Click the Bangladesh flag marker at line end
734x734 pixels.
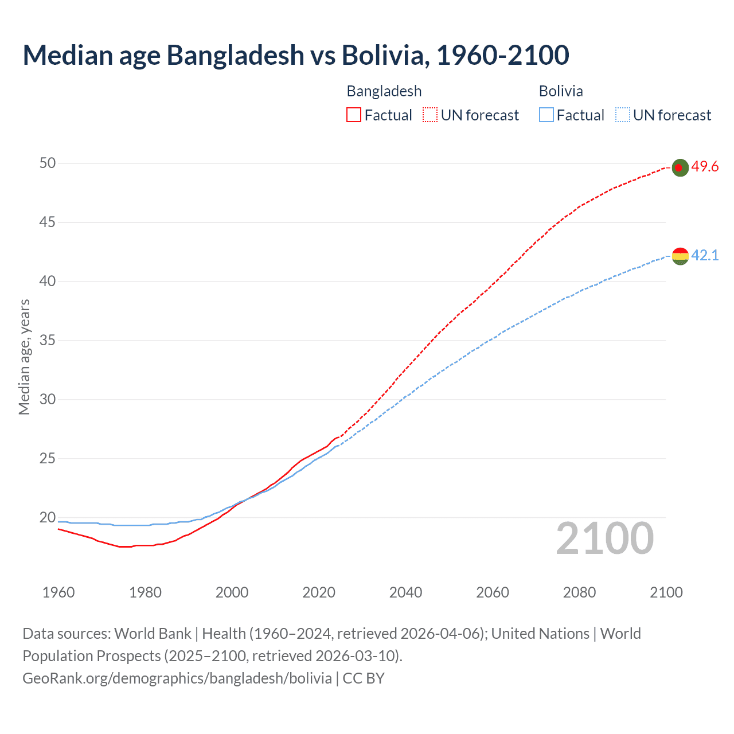point(680,167)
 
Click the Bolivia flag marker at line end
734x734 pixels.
point(680,256)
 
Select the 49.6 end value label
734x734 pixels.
point(705,167)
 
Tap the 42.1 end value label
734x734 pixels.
point(705,255)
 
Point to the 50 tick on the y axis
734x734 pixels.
point(48,163)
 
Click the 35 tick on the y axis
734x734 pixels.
point(48,341)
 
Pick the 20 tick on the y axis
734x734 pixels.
point(48,518)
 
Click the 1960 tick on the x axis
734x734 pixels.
point(58,592)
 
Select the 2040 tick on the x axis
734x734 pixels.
point(405,592)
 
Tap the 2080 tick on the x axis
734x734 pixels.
point(579,592)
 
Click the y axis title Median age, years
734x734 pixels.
point(24,357)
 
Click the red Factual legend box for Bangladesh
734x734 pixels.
point(354,115)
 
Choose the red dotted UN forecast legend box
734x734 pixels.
point(430,115)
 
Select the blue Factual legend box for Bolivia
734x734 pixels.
point(546,115)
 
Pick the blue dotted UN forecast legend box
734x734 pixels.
point(622,115)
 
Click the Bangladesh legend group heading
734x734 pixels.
point(384,91)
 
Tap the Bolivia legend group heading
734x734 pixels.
point(561,91)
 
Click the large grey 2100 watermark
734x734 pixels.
point(604,538)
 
